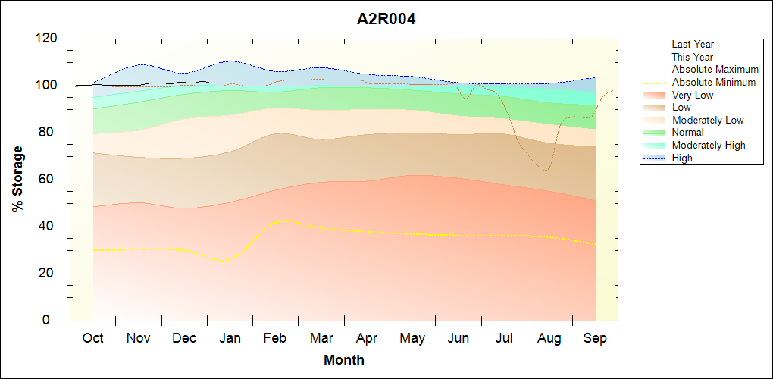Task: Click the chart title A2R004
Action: point(386,19)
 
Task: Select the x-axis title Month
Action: point(343,360)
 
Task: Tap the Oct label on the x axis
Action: point(92,338)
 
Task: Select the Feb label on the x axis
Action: point(275,338)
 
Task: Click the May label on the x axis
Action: point(412,338)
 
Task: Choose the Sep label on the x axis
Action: point(595,338)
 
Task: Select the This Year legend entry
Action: point(692,57)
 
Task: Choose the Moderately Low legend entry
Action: point(708,120)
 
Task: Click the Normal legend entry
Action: point(687,133)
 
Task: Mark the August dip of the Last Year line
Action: point(545,170)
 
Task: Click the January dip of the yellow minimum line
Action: point(224,261)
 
